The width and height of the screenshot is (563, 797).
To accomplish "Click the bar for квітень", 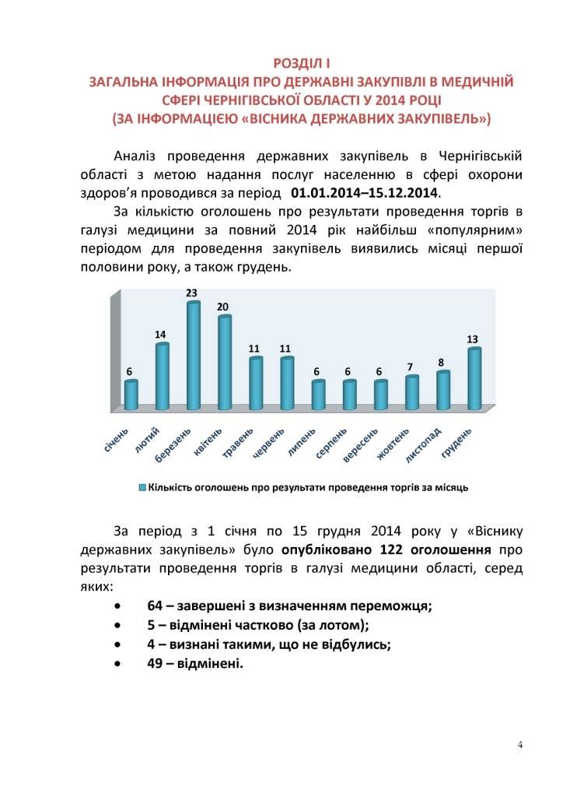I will point(225,363).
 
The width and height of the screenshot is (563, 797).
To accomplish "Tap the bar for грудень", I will point(474,379).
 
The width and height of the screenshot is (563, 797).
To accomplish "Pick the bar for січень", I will point(131,395).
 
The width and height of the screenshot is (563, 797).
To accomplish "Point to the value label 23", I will point(191,293).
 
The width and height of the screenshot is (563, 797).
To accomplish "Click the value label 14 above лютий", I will point(160,335).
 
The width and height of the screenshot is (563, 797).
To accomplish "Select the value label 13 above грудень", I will point(472,339).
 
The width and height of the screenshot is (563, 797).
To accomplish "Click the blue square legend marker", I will point(142,487).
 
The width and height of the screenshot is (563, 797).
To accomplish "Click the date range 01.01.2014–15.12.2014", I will point(365,191).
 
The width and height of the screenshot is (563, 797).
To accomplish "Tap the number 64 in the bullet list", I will point(154,606).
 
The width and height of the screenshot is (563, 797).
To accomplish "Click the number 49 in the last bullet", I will point(154,664).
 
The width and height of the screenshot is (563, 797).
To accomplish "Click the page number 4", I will point(519,746).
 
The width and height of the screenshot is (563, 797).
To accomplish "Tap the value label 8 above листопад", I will point(440,362).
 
